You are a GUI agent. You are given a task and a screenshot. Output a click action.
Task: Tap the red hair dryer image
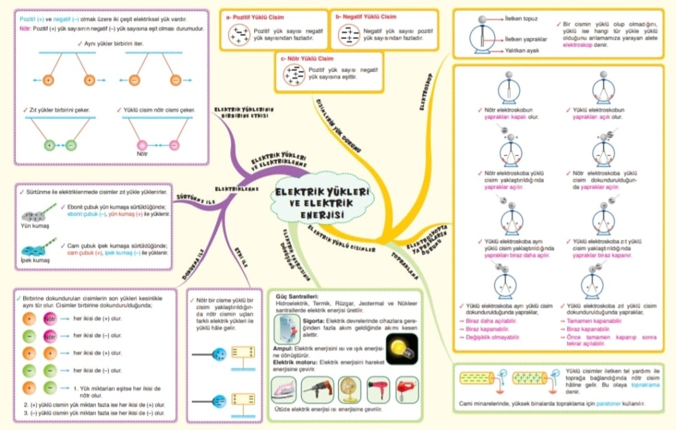tap(378, 389)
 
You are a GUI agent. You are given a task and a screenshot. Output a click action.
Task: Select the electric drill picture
tap(318, 390)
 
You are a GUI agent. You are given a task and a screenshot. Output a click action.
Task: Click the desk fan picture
tap(349, 389)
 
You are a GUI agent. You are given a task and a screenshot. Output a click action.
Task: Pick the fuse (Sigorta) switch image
tap(287, 328)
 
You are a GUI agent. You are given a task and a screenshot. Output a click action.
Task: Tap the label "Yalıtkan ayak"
tap(522, 50)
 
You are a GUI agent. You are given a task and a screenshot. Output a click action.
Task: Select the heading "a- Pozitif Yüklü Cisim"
tap(254, 17)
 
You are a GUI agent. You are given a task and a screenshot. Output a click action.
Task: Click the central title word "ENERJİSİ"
tap(321, 215)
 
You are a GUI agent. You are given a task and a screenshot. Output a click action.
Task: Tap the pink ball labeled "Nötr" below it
tap(141, 145)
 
